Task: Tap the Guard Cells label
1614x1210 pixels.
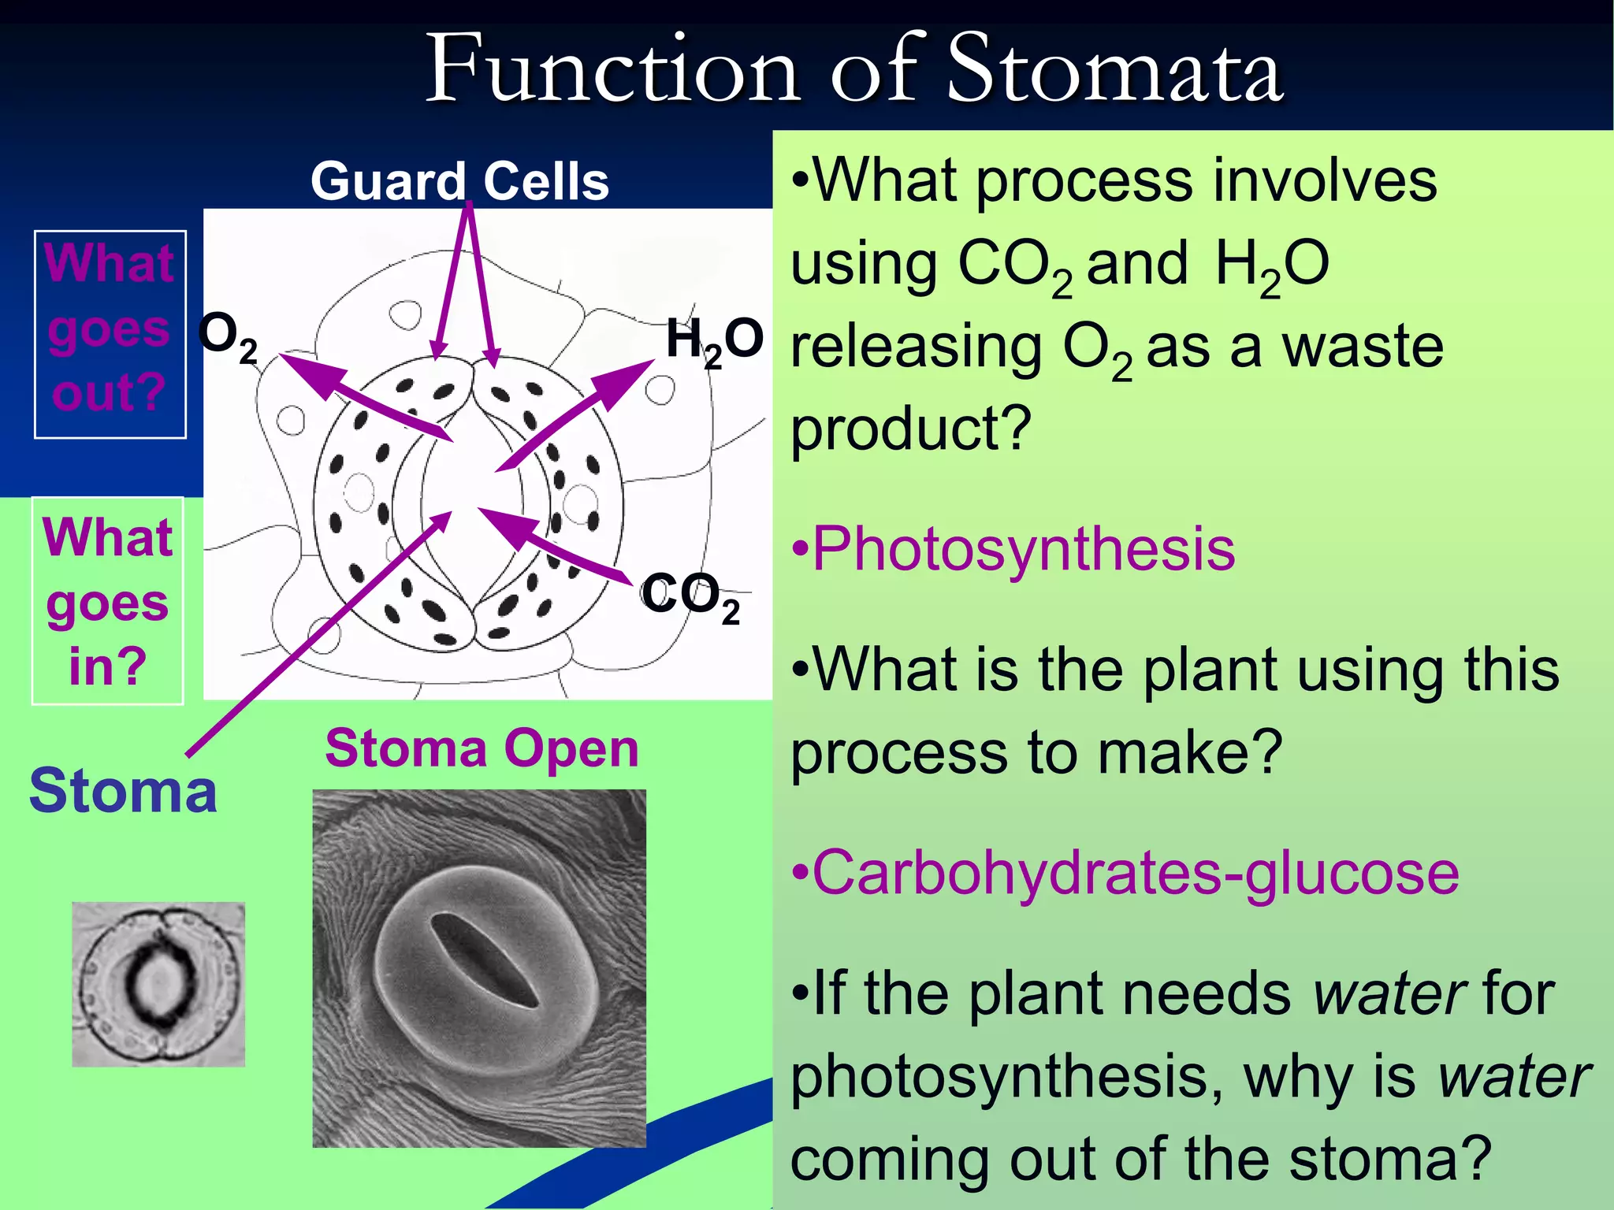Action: coord(459,181)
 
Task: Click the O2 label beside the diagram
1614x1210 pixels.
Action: coord(227,336)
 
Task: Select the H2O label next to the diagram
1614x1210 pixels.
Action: coord(714,340)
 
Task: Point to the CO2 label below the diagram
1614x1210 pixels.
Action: coord(690,597)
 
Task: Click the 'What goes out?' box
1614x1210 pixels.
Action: coord(110,334)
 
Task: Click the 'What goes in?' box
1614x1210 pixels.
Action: coord(108,600)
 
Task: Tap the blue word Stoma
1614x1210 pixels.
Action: coord(123,791)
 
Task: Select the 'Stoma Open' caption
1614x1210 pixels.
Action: coord(482,748)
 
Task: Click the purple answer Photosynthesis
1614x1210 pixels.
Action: coord(1023,549)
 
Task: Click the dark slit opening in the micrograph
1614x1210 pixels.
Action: coord(482,959)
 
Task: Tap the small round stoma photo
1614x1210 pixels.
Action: coord(158,984)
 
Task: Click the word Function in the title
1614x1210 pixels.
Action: coord(612,71)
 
